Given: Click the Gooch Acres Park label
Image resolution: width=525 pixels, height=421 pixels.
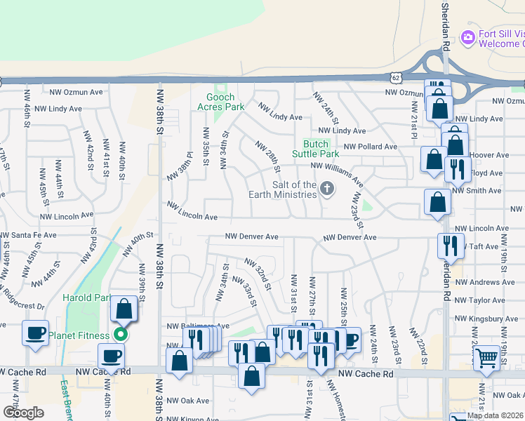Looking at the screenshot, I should pyautogui.click(x=225, y=102).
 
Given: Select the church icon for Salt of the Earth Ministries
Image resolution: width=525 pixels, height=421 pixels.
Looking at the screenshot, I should pyautogui.click(x=326, y=188).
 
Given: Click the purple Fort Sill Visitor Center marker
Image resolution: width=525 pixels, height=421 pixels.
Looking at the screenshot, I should pyautogui.click(x=467, y=36).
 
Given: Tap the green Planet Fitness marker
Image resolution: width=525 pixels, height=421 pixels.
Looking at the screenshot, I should pyautogui.click(x=121, y=335).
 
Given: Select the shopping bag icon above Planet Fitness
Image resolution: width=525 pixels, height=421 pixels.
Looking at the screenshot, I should pyautogui.click(x=124, y=309).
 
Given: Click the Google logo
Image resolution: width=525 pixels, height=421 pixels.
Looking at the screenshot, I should pyautogui.click(x=23, y=413).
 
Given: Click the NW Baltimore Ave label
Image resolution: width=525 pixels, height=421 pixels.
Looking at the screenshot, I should pyautogui.click(x=198, y=326).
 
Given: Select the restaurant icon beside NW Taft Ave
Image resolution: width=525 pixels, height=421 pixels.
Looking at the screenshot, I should pyautogui.click(x=448, y=245).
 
